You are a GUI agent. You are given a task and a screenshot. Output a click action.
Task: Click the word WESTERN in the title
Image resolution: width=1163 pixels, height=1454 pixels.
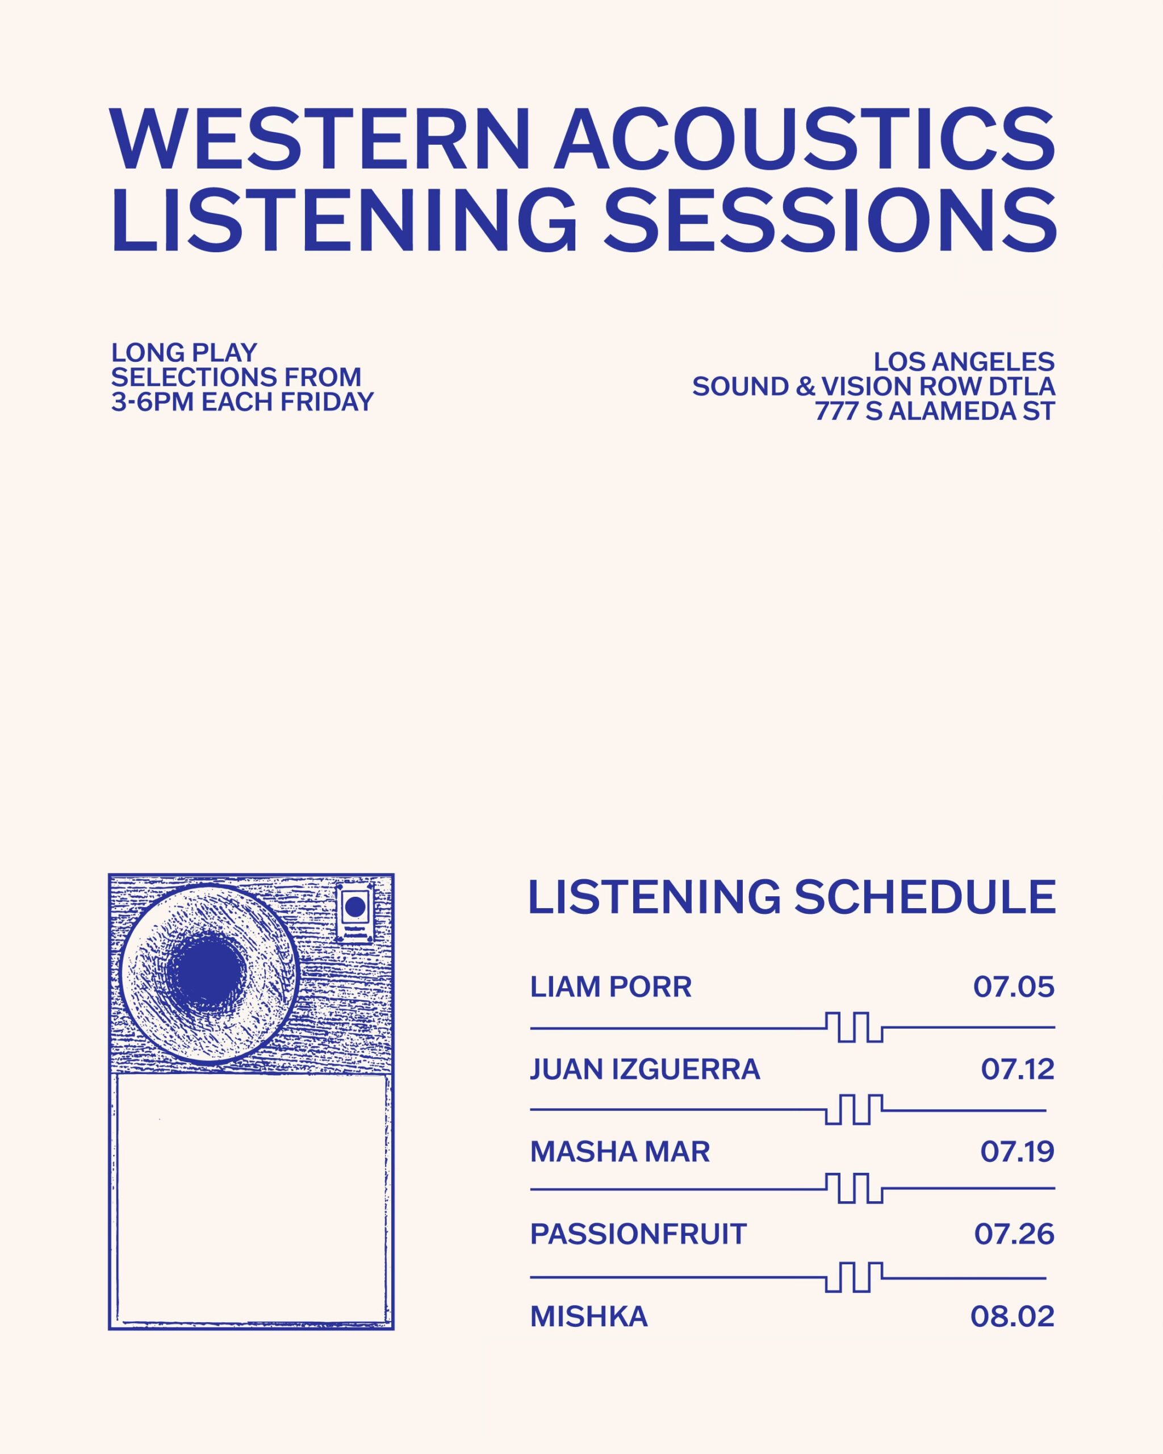[x=320, y=140]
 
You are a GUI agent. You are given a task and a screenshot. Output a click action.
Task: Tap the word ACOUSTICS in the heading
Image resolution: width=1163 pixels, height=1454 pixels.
[x=804, y=140]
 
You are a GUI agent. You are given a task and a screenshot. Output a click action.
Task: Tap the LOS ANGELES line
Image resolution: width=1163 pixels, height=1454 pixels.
[x=964, y=362]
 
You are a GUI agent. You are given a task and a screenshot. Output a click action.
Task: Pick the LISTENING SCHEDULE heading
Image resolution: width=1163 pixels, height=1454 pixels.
[x=792, y=897]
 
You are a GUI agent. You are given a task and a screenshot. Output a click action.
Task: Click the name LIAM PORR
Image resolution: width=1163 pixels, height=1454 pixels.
[x=611, y=987]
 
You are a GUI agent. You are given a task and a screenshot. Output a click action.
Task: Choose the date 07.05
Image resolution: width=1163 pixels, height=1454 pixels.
[x=1013, y=987]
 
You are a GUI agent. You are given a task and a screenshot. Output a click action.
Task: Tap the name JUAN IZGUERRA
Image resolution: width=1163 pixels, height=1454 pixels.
[x=645, y=1069]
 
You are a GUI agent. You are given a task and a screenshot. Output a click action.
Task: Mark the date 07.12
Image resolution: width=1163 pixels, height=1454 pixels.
[x=1018, y=1069]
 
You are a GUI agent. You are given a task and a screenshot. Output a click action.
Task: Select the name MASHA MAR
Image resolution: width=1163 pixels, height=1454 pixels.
[x=620, y=1152]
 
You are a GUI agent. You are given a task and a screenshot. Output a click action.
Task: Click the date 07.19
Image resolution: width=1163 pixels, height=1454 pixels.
[x=1016, y=1152]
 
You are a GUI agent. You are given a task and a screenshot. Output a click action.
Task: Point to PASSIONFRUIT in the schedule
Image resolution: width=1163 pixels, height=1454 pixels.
[x=638, y=1234]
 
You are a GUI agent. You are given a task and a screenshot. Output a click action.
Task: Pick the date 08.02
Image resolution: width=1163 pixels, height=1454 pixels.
[x=1012, y=1317]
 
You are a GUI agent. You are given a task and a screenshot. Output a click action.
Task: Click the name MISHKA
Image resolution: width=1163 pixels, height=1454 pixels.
[x=588, y=1317]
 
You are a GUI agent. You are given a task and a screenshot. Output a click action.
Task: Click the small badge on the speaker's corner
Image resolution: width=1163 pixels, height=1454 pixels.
[x=354, y=913]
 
